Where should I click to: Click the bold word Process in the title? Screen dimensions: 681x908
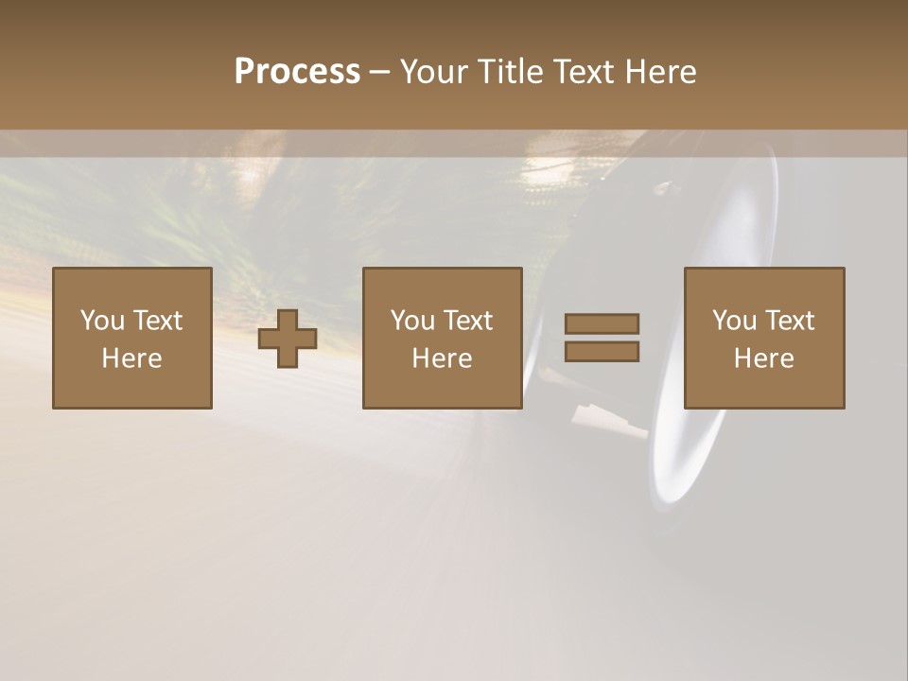pyautogui.click(x=297, y=72)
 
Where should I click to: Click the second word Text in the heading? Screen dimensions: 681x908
pyautogui.click(x=585, y=72)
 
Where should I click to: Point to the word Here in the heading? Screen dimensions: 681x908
pyautogui.click(x=661, y=72)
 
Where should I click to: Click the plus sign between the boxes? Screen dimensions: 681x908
pyautogui.click(x=288, y=338)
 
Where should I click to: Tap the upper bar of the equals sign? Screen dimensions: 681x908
pyautogui.click(x=602, y=323)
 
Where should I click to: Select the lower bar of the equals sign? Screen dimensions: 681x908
pyautogui.click(x=602, y=351)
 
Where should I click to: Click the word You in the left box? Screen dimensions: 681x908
pyautogui.click(x=102, y=321)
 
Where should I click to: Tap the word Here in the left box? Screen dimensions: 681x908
pyautogui.click(x=132, y=358)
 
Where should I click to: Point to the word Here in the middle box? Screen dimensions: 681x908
pyautogui.click(x=443, y=358)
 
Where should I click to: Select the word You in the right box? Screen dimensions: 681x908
pyautogui.click(x=734, y=321)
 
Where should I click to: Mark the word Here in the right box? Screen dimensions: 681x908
pyautogui.click(x=764, y=358)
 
